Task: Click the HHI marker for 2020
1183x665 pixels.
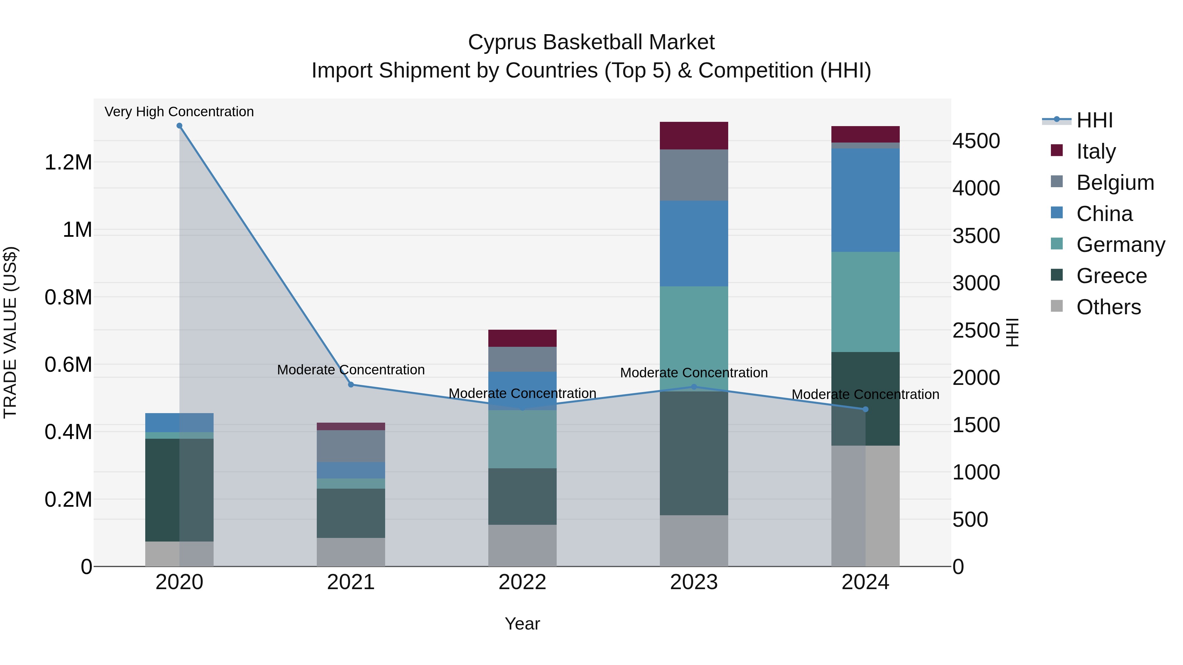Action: point(179,126)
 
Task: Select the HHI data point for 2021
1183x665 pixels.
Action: point(351,385)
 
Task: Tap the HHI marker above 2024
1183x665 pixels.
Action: point(866,409)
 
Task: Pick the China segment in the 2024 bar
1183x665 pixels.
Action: point(865,200)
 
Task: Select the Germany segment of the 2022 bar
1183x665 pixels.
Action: point(522,439)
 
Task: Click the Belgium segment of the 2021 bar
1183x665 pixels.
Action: point(351,446)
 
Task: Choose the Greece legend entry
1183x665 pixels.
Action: point(1111,276)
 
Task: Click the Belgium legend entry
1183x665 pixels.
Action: point(1115,183)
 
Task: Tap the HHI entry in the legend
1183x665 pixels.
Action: point(1094,120)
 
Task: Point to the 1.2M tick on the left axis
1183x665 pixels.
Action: point(68,163)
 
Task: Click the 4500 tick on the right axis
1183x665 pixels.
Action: point(976,141)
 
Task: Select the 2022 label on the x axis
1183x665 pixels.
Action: point(522,582)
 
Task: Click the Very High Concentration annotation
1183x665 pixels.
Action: point(179,112)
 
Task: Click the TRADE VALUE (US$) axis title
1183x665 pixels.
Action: point(10,332)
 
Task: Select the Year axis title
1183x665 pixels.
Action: point(522,624)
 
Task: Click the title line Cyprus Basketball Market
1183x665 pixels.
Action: point(591,42)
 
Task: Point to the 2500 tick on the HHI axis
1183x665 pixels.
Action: point(976,330)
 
